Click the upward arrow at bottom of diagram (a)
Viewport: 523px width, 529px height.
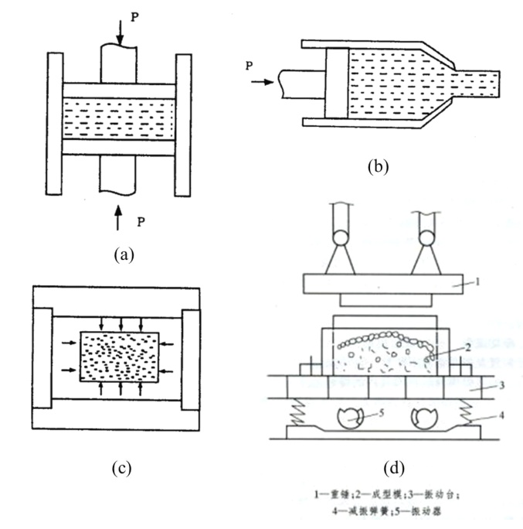(117, 217)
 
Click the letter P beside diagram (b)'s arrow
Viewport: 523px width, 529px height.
(249, 66)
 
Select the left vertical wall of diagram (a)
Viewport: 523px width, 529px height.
(55, 123)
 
